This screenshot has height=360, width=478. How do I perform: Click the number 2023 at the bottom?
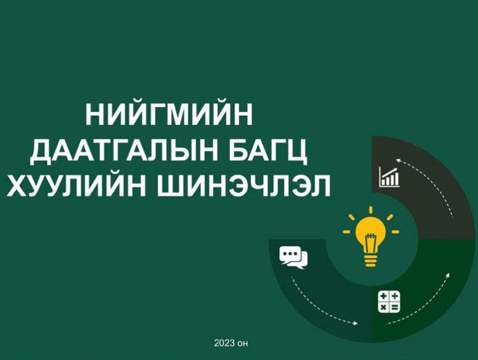point(225,343)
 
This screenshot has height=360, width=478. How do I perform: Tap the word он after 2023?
point(243,344)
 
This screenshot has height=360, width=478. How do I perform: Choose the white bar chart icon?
point(389,177)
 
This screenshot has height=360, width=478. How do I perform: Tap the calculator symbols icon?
point(389,302)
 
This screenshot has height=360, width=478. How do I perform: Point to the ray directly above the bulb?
point(370,210)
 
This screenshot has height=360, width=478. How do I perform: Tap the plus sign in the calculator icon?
point(384,296)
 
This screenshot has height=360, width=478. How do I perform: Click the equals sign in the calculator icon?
point(394,307)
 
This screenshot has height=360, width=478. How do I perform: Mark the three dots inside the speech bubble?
point(290,253)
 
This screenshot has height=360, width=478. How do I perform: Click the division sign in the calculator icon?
point(394,296)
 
